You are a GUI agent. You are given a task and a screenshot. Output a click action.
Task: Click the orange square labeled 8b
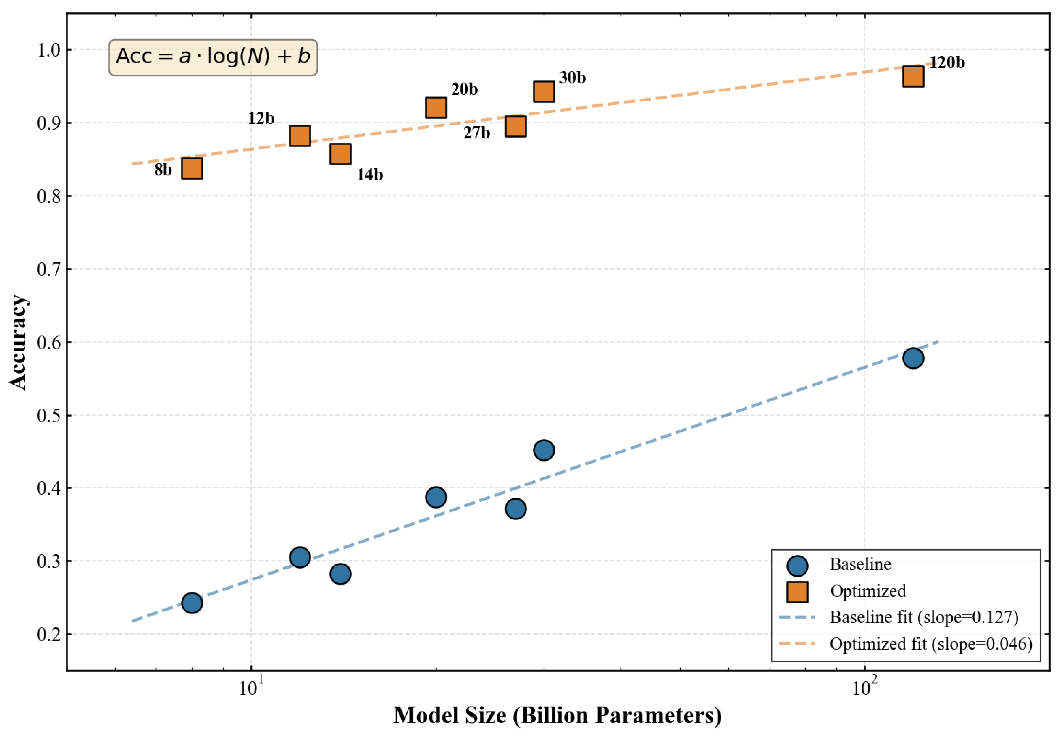tap(192, 168)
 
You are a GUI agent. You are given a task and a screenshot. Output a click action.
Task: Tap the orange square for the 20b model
tap(436, 108)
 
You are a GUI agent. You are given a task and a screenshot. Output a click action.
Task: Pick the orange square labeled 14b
tap(340, 154)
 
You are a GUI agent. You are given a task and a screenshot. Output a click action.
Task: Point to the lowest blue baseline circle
tap(192, 603)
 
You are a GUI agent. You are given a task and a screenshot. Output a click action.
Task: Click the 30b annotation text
tap(572, 78)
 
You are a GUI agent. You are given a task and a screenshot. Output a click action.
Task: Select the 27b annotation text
tap(477, 133)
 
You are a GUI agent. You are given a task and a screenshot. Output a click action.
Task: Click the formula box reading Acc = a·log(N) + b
tap(213, 57)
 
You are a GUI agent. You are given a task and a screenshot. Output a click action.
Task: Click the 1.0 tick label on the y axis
tap(49, 50)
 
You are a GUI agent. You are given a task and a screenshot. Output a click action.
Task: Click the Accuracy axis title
tap(18, 342)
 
